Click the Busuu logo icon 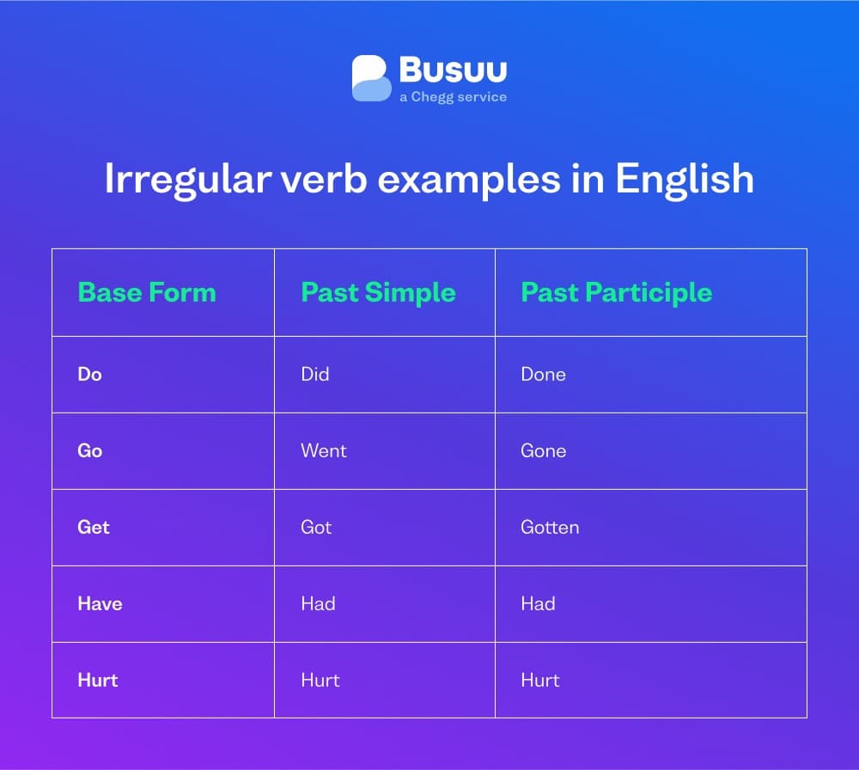pyautogui.click(x=371, y=78)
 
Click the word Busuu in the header pyautogui.click(x=453, y=70)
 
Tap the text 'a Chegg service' pyautogui.click(x=453, y=97)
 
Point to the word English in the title pyautogui.click(x=685, y=180)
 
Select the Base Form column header pyautogui.click(x=147, y=292)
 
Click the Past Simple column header pyautogui.click(x=378, y=292)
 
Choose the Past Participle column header pyautogui.click(x=617, y=292)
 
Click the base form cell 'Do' pyautogui.click(x=89, y=374)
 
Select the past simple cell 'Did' pyautogui.click(x=315, y=374)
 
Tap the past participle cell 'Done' pyautogui.click(x=543, y=374)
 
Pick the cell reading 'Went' pyautogui.click(x=324, y=450)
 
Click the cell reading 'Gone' pyautogui.click(x=543, y=450)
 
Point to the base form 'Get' pyautogui.click(x=94, y=527)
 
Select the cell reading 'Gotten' pyautogui.click(x=550, y=527)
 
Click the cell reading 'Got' pyautogui.click(x=316, y=527)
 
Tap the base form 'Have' pyautogui.click(x=100, y=603)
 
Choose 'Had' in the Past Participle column pyautogui.click(x=538, y=603)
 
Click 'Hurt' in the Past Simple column pyautogui.click(x=320, y=680)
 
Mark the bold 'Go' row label pyautogui.click(x=89, y=450)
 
